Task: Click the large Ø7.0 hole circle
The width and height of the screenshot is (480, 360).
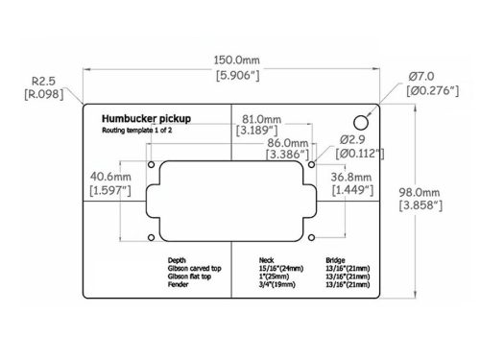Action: pyautogui.click(x=361, y=123)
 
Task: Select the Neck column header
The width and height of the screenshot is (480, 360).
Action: pyautogui.click(x=268, y=260)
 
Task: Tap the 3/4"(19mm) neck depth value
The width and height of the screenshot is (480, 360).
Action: pyautogui.click(x=280, y=285)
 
